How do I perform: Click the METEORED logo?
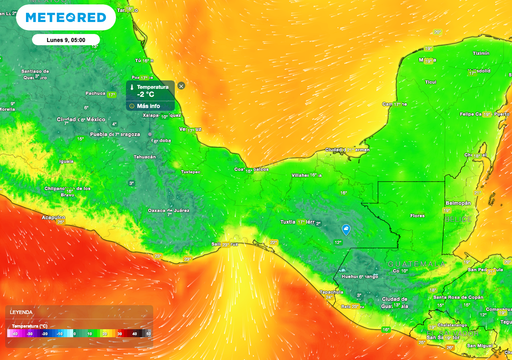click(65, 18)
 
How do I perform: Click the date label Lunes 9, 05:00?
click(58, 39)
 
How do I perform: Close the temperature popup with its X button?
click(181, 84)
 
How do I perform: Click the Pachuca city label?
click(96, 93)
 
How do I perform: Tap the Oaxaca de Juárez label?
click(166, 210)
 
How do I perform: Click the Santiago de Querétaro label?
click(35, 73)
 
